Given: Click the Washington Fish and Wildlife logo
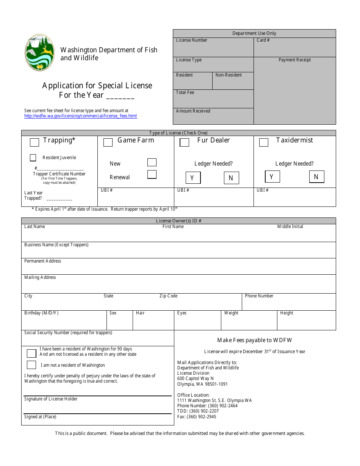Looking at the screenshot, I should (x=40, y=53).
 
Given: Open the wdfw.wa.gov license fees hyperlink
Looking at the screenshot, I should (x=80, y=116).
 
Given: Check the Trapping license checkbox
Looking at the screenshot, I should (x=34, y=142).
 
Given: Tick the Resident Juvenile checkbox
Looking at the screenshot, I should (x=33, y=158).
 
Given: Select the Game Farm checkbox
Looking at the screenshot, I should (x=108, y=142).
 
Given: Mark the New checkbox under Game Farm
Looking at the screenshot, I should (x=152, y=163).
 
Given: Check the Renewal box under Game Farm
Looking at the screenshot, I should (x=152, y=175).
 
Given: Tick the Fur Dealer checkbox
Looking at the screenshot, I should (x=185, y=142).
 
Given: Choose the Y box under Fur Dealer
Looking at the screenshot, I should (x=193, y=178).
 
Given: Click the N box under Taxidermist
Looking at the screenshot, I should (x=316, y=177).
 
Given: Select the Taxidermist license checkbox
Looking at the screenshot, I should (x=264, y=142).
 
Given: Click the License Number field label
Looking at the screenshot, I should (x=192, y=40).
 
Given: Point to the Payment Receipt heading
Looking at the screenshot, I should (x=294, y=60).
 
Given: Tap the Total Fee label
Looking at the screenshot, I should (x=185, y=92).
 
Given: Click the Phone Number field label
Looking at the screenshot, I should (x=259, y=296).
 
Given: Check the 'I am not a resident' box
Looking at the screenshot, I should (x=31, y=365).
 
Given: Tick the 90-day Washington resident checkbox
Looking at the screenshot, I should (x=31, y=353).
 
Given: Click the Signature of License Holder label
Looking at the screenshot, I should (x=51, y=399).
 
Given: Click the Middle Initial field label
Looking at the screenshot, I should (x=290, y=227).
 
